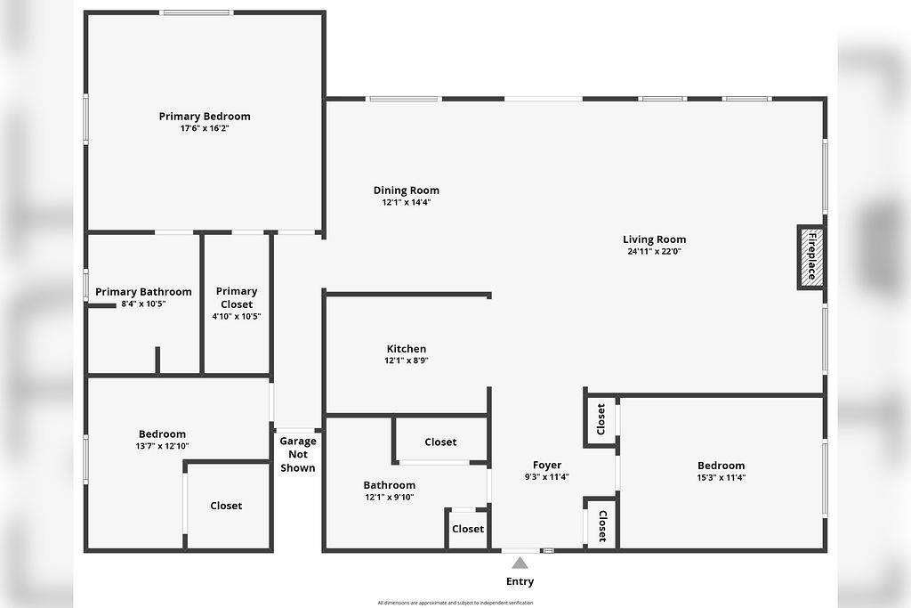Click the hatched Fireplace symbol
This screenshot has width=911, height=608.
(x=810, y=256)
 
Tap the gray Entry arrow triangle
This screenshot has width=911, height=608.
(x=520, y=563)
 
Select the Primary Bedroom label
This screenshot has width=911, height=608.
(x=205, y=117)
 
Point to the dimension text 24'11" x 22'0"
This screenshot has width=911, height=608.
(x=654, y=251)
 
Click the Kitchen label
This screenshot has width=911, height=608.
(x=406, y=349)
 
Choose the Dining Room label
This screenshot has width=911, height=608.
(x=406, y=191)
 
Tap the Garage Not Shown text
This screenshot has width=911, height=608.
(x=298, y=454)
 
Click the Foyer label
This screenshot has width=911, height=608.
(x=546, y=466)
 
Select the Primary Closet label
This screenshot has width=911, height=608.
(x=237, y=297)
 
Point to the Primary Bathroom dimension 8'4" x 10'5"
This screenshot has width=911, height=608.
(x=143, y=304)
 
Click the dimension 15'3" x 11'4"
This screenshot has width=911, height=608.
(x=721, y=477)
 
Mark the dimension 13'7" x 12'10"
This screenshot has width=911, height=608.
(x=162, y=446)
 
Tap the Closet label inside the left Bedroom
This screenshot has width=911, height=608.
(x=226, y=506)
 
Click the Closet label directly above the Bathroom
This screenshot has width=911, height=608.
(x=440, y=442)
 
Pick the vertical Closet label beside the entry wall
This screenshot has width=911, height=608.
(x=601, y=525)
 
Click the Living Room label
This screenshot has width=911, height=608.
(x=654, y=239)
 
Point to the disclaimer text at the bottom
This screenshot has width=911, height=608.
(x=455, y=603)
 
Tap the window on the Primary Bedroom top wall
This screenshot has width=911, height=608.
(x=196, y=12)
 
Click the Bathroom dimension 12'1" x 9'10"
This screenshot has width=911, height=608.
(x=389, y=498)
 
